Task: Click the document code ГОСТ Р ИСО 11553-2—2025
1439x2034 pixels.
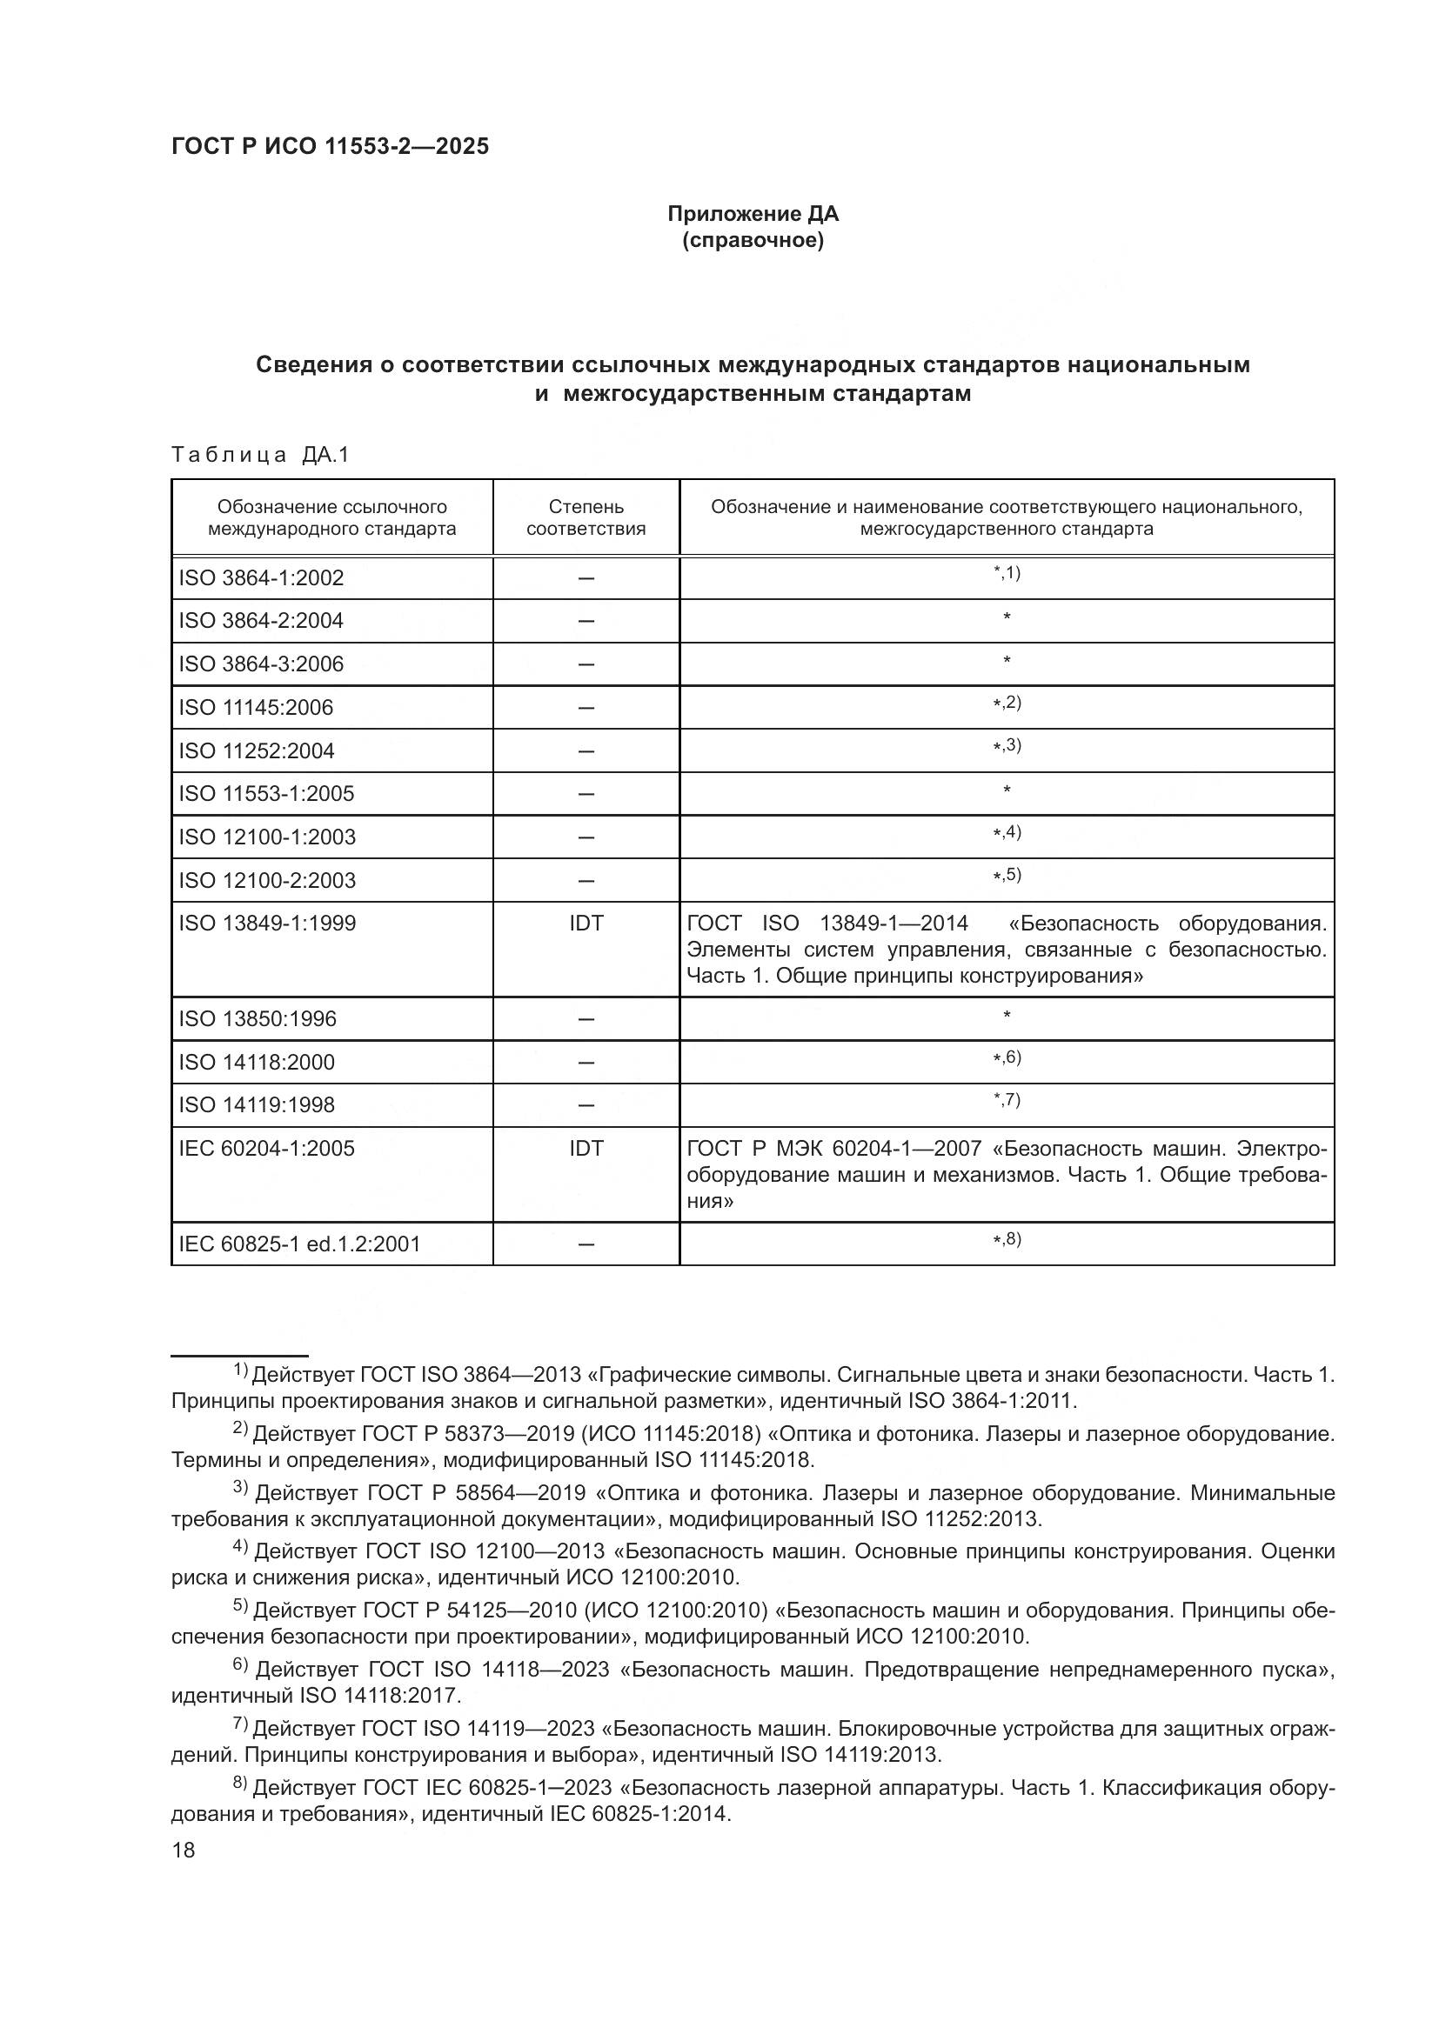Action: tap(330, 147)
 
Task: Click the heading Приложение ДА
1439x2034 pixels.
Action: tap(753, 214)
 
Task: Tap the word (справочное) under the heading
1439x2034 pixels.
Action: tap(753, 241)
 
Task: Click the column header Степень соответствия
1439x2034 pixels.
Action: tap(586, 517)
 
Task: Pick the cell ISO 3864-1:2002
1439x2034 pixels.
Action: tap(260, 578)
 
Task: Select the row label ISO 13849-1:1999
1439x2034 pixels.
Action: tap(267, 924)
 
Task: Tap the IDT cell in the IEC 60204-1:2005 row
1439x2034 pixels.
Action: tap(586, 1149)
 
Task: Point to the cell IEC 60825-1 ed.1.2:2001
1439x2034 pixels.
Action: tap(298, 1244)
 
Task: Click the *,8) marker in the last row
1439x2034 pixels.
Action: tap(1007, 1239)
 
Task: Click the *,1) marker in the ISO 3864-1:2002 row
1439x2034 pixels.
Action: tap(1007, 573)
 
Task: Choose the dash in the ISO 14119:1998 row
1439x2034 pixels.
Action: tap(586, 1105)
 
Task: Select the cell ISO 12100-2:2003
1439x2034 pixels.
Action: tap(267, 881)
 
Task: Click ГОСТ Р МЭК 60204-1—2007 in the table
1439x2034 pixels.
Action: tap(833, 1149)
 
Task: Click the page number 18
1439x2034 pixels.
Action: tap(184, 1851)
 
